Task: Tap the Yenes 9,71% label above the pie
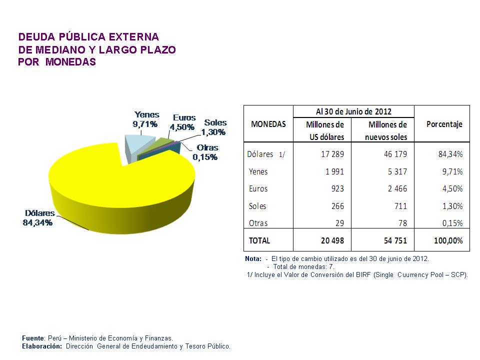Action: pos(146,119)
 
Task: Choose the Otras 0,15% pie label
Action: pos(206,152)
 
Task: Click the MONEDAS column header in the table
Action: pos(268,124)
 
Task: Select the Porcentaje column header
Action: pos(444,124)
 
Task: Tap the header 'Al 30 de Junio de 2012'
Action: pos(353,111)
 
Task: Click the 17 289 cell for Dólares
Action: pos(332,154)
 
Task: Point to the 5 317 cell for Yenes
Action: pos(395,171)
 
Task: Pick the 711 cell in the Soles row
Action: pos(400,206)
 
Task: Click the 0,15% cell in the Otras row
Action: pos(452,223)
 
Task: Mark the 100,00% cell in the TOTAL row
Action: pos(448,240)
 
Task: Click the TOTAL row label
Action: pos(259,240)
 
